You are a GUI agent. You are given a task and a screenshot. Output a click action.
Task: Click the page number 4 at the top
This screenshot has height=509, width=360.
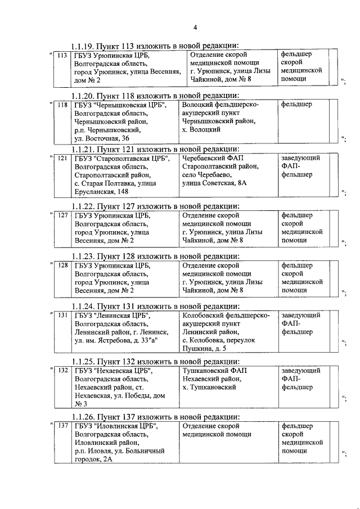coord(195,27)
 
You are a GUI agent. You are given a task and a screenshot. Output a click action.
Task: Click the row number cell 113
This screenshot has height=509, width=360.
coord(62,55)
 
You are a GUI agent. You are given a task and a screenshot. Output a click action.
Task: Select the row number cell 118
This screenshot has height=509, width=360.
coord(62,105)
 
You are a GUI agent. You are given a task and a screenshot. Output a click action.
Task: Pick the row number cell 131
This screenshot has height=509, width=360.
coord(62,316)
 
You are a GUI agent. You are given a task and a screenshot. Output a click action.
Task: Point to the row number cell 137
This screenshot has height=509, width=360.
coord(62,426)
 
